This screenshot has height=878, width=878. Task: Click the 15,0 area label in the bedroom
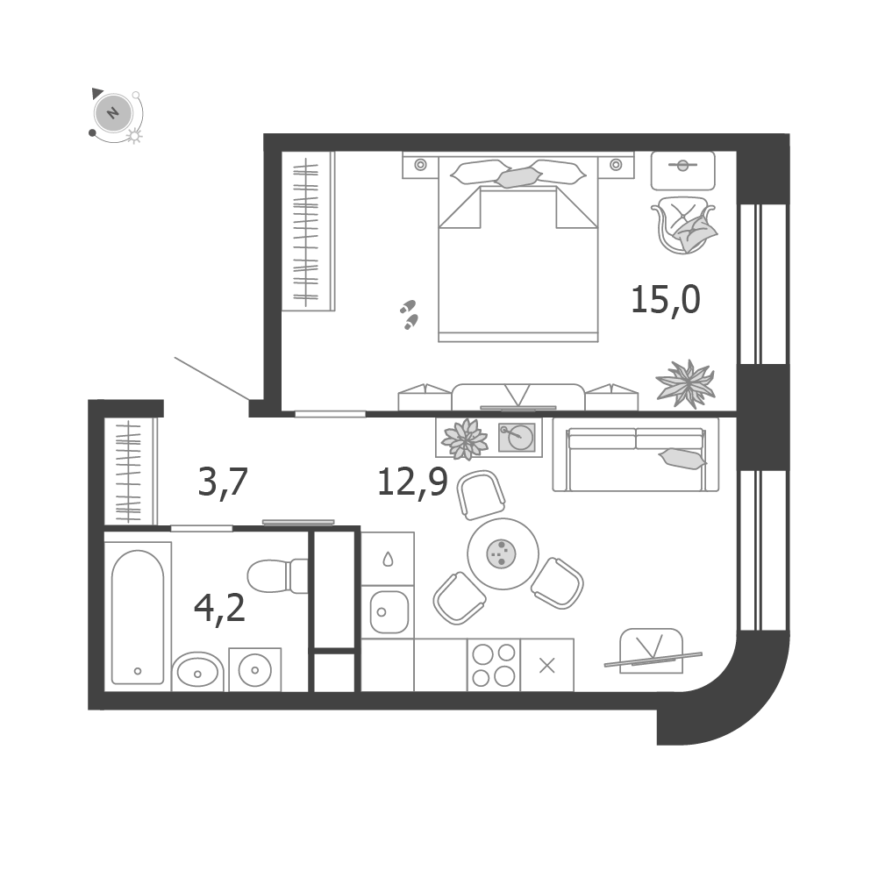click(x=665, y=300)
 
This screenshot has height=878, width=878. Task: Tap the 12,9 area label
click(x=412, y=482)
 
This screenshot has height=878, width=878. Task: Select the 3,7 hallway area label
click(x=222, y=482)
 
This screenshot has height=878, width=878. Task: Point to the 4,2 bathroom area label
click(x=219, y=608)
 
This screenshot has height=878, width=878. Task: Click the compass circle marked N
click(x=114, y=112)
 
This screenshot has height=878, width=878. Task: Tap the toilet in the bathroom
click(x=278, y=575)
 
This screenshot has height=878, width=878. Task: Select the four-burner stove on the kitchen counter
click(x=493, y=665)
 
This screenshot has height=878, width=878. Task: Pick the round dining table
click(x=503, y=553)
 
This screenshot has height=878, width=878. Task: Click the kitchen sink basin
click(x=388, y=612)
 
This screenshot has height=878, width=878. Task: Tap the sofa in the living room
click(x=636, y=454)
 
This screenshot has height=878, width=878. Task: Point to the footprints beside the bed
click(x=410, y=314)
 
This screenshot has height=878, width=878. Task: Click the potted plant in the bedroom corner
click(x=685, y=383)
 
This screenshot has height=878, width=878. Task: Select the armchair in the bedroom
click(x=683, y=225)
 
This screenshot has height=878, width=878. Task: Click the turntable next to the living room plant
click(x=517, y=438)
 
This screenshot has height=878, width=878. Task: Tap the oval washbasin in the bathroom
click(x=197, y=671)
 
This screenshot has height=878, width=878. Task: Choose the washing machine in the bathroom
click(x=254, y=670)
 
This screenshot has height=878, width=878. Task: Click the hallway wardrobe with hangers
click(x=131, y=471)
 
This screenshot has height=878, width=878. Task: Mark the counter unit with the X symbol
click(x=547, y=665)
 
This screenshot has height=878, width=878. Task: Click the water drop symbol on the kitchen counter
click(x=388, y=559)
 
